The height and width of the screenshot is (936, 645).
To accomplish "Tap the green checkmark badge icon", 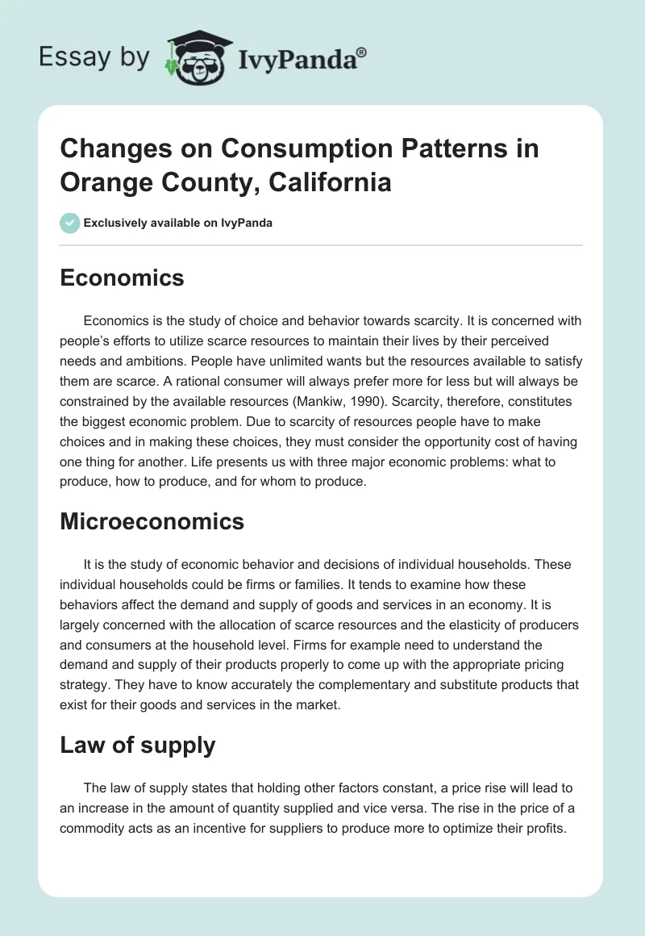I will (70, 223).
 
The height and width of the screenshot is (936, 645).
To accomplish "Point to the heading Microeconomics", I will (152, 521).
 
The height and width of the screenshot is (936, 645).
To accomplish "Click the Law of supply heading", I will (137, 745).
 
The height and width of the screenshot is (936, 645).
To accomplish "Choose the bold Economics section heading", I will (122, 278).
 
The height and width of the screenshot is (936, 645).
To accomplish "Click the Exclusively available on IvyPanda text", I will (178, 223).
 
